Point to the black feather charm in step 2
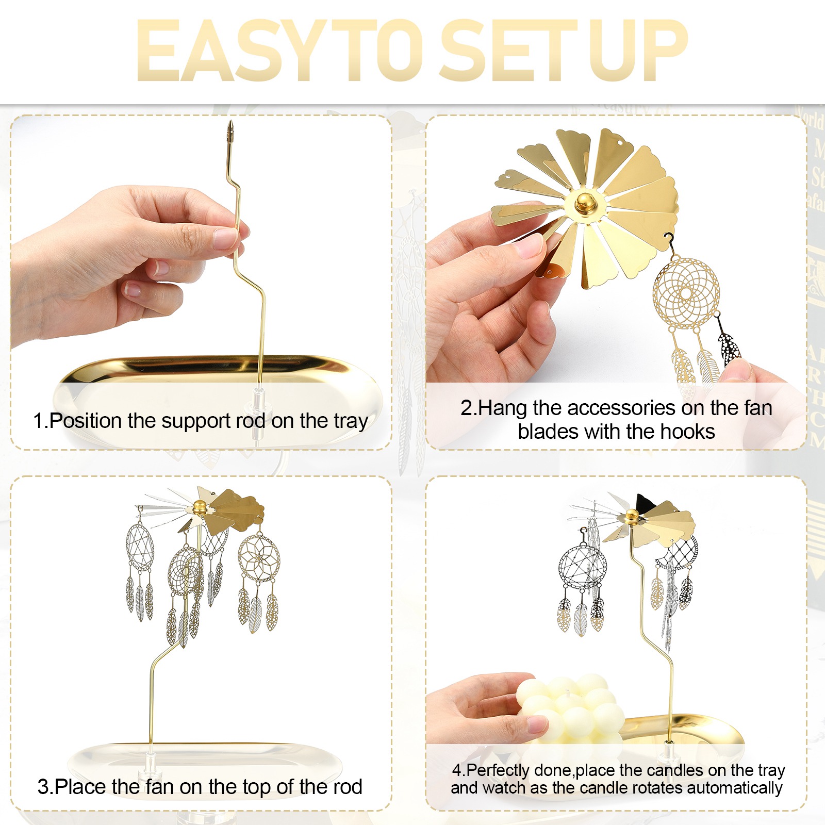tap(728, 348)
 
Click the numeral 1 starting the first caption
tap(38, 421)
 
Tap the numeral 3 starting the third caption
tap(43, 787)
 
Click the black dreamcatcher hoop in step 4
tap(583, 566)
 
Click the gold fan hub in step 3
tap(200, 507)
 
